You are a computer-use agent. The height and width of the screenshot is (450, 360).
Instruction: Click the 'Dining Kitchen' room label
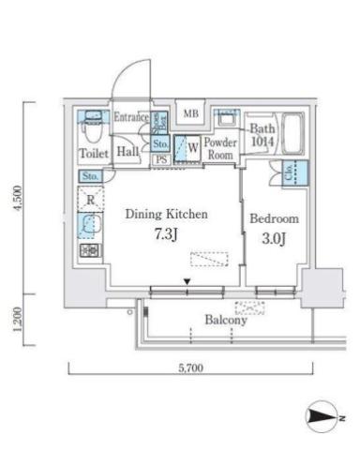pyautogui.click(x=166, y=214)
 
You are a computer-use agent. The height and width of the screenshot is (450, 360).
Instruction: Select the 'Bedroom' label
pyautogui.click(x=275, y=218)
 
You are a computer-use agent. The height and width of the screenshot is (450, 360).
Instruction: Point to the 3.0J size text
pyautogui.click(x=274, y=237)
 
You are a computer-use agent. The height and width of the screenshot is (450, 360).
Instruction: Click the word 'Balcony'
pyautogui.click(x=225, y=320)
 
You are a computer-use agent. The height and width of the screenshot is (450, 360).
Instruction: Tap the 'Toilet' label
pyautogui.click(x=93, y=153)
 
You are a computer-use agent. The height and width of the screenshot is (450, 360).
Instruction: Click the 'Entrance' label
pyautogui.click(x=131, y=117)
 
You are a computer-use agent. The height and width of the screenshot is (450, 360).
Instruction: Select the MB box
pyautogui.click(x=191, y=114)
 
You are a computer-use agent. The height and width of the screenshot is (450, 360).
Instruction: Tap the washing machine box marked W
pyautogui.click(x=190, y=148)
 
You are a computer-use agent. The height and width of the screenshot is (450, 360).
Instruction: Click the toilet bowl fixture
pyautogui.click(x=93, y=119)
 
